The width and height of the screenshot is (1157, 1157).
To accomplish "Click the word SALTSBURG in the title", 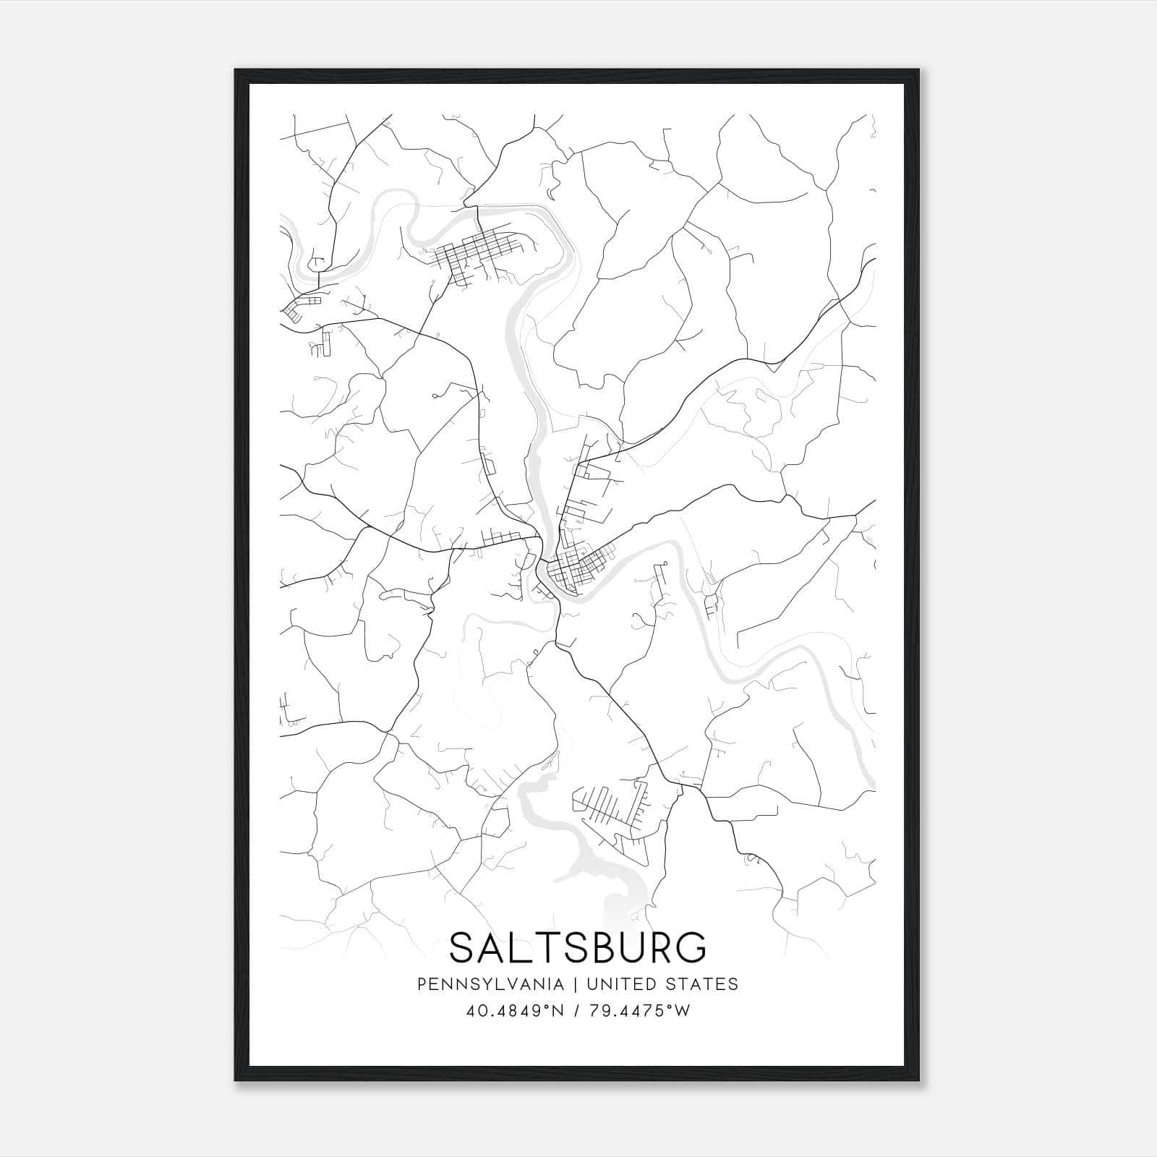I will (578, 947).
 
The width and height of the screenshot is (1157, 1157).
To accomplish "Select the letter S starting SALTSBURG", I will (463, 947).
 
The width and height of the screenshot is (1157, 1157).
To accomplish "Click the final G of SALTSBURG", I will (692, 947).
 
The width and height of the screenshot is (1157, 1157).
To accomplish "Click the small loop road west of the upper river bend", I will (316, 263).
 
